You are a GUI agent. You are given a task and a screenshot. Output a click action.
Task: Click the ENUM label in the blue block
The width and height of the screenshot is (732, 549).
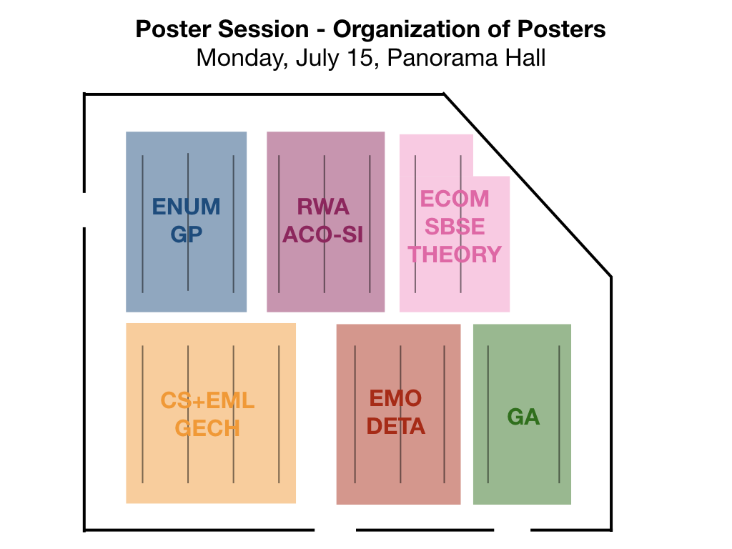[187, 207]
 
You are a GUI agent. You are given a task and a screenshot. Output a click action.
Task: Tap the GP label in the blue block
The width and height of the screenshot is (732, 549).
[187, 234]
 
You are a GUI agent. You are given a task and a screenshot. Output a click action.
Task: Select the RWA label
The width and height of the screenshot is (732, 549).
[323, 207]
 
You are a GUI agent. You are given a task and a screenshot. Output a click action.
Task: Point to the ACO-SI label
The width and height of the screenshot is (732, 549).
[323, 234]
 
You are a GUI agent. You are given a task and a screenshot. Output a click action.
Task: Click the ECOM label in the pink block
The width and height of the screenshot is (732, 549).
[455, 199]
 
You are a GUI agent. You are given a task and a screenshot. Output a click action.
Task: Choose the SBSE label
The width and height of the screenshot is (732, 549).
[455, 227]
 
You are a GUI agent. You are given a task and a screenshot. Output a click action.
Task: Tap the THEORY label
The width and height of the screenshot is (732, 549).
[455, 254]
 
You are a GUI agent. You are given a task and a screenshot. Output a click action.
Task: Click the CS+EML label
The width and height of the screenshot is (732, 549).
[208, 400]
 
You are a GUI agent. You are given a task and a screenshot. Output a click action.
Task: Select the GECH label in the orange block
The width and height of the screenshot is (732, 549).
[208, 428]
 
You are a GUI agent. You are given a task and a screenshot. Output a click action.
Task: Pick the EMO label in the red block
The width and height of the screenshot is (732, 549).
[396, 398]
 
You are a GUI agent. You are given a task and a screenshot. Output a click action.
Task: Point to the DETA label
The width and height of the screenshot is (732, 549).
[396, 426]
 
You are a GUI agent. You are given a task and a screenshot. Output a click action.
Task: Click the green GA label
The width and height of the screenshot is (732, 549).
[523, 417]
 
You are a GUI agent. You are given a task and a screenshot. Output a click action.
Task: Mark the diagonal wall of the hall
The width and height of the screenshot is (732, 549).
[528, 185]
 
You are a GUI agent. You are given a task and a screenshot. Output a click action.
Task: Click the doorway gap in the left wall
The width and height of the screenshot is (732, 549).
[84, 210]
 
